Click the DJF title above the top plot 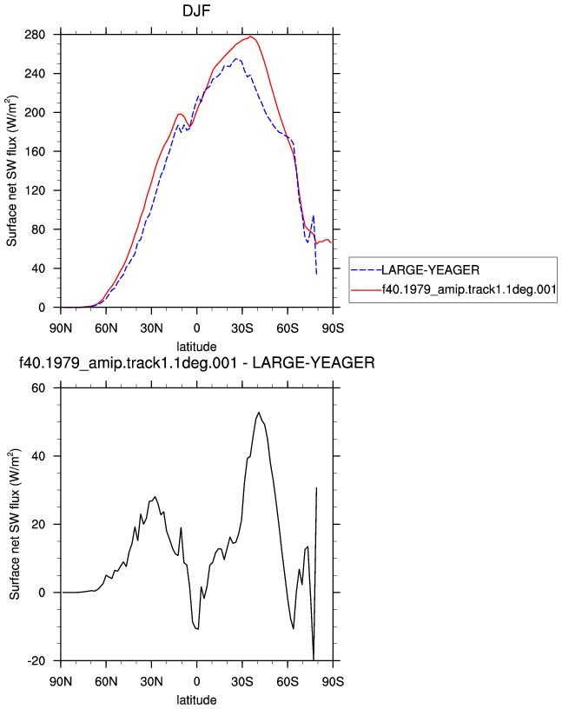(196, 10)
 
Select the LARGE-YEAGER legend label (431, 270)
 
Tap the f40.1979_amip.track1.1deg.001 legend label (469, 289)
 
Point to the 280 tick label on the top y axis (35, 35)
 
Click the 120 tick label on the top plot (35, 191)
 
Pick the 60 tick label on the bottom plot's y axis (39, 388)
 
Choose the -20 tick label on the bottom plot (36, 661)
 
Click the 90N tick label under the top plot (61, 328)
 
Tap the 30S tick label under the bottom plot (242, 681)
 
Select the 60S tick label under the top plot (288, 328)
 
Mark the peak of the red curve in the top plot (250, 36)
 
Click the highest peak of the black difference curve (259, 413)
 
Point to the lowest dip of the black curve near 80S (314, 659)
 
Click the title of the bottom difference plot (196, 362)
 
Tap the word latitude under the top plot (196, 347)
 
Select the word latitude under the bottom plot (196, 700)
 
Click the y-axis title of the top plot (12, 171)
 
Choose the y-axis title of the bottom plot (15, 524)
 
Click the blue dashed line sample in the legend (367, 270)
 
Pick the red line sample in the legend (367, 290)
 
